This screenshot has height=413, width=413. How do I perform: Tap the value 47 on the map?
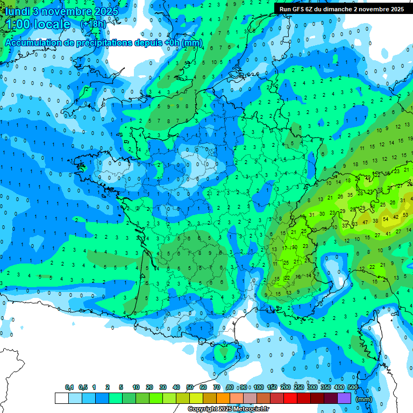point(365,222)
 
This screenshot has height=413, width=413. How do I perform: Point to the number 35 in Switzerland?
point(350,195)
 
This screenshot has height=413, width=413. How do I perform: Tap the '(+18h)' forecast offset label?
point(93,24)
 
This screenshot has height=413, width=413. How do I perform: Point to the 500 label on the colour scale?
point(353,387)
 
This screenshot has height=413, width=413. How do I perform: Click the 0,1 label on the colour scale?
point(69,387)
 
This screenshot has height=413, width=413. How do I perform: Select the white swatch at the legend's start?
point(61,398)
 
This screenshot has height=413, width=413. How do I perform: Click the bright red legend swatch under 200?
point(291,398)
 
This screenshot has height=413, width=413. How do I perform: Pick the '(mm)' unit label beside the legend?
point(364,399)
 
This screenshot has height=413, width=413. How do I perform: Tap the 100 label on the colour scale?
point(258,387)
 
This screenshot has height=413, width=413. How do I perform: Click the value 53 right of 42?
point(405,215)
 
